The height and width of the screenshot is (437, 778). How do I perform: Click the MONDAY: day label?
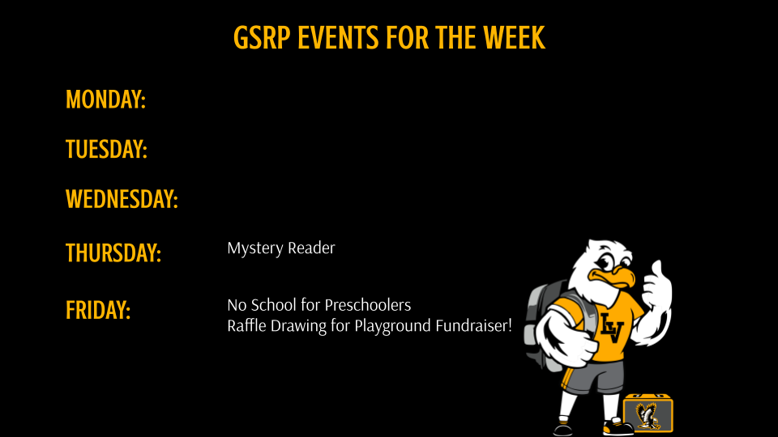(105, 100)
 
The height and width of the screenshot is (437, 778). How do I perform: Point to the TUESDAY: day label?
(106, 149)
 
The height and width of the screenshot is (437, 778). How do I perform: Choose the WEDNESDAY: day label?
(122, 199)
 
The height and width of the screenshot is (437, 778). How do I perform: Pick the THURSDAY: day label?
(113, 253)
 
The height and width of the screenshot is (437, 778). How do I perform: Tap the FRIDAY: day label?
(98, 310)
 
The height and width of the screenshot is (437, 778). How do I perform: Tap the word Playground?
(392, 326)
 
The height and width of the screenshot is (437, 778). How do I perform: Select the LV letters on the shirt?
(612, 326)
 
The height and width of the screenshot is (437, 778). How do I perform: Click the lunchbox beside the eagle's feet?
(648, 414)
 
